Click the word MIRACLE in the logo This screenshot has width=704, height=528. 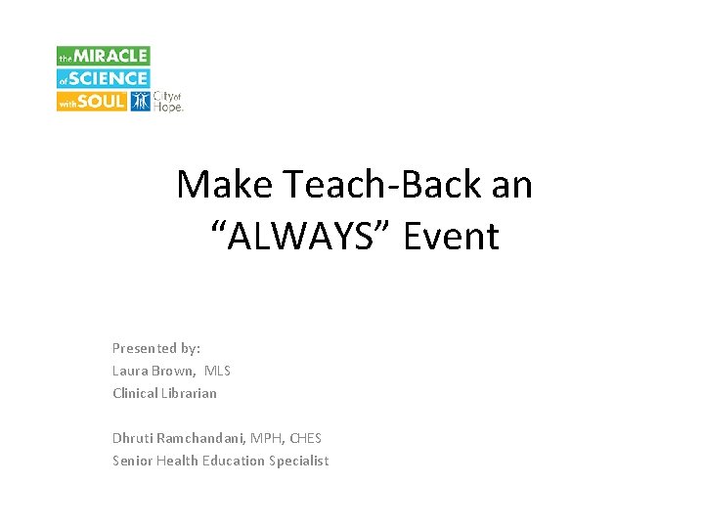click(x=112, y=57)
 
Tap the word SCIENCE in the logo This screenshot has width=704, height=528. click(x=110, y=78)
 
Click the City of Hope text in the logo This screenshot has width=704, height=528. click(x=169, y=101)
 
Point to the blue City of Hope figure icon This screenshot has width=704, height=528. click(x=140, y=101)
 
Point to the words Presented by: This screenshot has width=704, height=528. click(x=156, y=348)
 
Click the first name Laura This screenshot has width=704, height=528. click(x=130, y=371)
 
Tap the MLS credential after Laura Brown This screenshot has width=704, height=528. click(x=217, y=371)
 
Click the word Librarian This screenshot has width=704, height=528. click(x=190, y=393)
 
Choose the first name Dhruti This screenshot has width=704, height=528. click(x=132, y=438)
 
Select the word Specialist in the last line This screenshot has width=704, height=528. click(x=299, y=461)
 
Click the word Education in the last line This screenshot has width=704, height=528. click(x=233, y=461)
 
